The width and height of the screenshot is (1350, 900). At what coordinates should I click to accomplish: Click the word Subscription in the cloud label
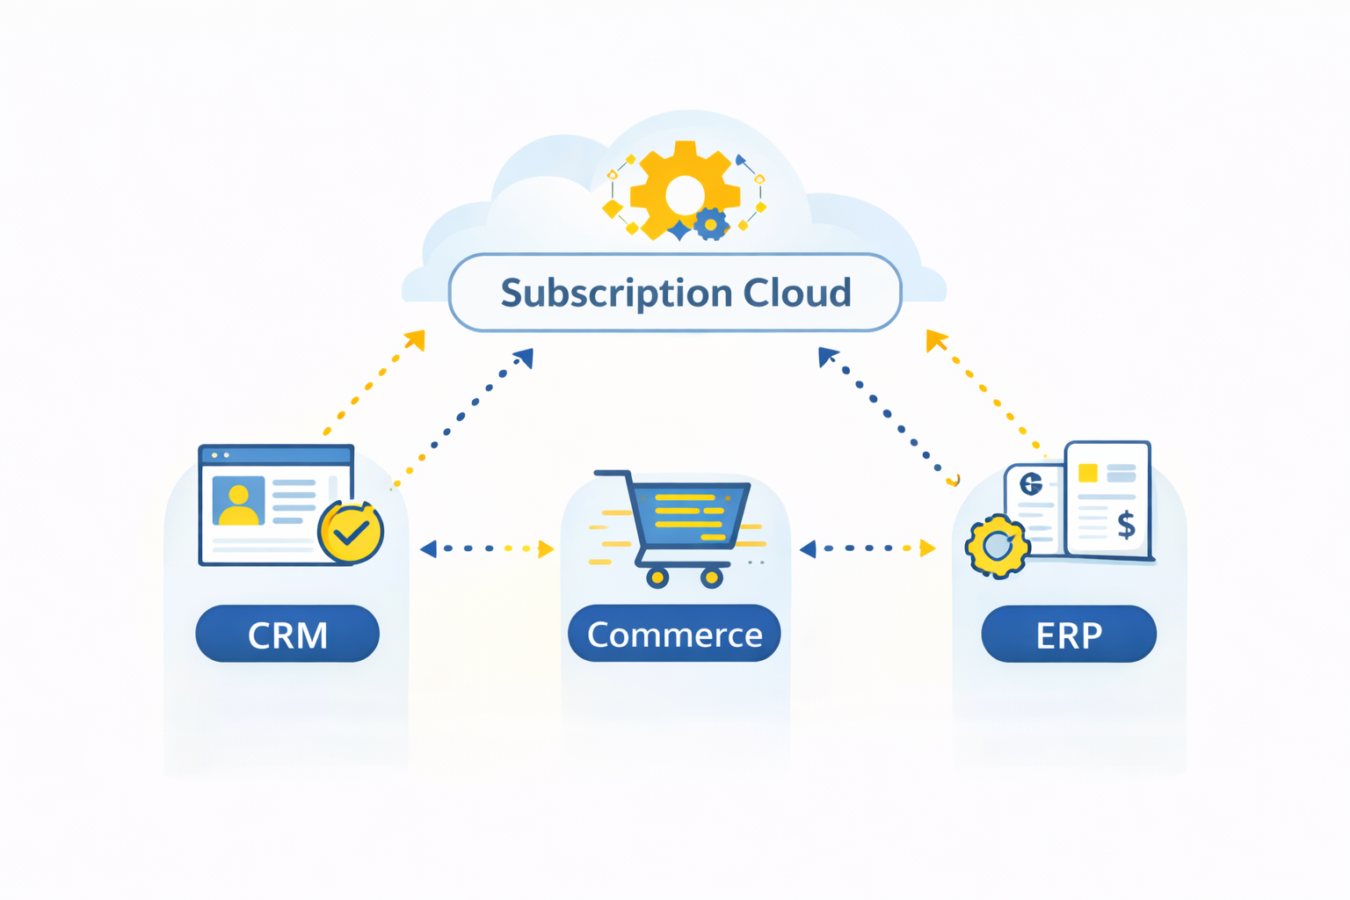coord(616,294)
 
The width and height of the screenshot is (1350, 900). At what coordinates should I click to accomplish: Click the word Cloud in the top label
coord(797,293)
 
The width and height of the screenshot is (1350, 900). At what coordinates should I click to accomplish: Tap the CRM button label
coord(287,635)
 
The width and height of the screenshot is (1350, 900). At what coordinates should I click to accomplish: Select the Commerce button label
coord(674,635)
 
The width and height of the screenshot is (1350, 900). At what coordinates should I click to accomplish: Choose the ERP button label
coord(1069,635)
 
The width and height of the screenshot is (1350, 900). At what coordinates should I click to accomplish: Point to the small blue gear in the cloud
coord(711,225)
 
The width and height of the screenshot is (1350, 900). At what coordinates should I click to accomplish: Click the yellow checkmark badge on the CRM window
coord(351,532)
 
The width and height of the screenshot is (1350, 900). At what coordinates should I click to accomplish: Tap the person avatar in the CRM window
coord(238,501)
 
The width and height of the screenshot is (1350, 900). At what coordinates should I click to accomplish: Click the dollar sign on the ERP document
coord(1126,525)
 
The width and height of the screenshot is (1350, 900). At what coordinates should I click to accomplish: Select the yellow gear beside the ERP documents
coord(997,546)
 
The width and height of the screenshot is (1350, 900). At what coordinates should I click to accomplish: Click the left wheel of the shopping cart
coord(657,577)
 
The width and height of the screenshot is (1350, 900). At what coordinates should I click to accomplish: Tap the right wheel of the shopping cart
coord(712,577)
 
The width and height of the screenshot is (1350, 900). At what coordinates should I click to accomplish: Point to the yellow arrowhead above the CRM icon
coord(416,339)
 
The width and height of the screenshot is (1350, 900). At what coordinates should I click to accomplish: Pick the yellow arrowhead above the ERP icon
coord(935,339)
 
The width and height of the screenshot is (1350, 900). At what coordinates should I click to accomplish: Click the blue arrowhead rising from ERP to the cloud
coord(826,356)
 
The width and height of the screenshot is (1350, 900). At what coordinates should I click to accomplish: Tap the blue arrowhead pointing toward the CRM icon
coord(428,549)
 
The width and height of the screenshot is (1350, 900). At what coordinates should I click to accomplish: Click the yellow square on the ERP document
coord(1087,472)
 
